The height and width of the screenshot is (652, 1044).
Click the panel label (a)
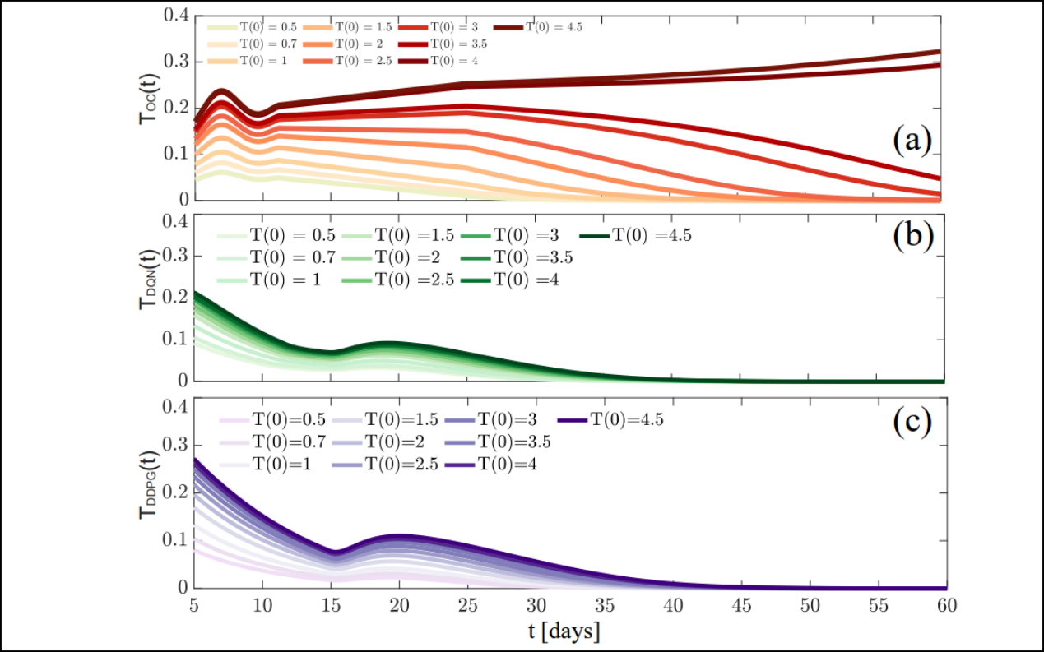[x=912, y=142]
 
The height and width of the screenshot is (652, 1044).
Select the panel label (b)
[x=912, y=235]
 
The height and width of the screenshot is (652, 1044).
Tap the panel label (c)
[x=912, y=421]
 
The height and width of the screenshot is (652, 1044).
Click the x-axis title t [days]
[x=564, y=631]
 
